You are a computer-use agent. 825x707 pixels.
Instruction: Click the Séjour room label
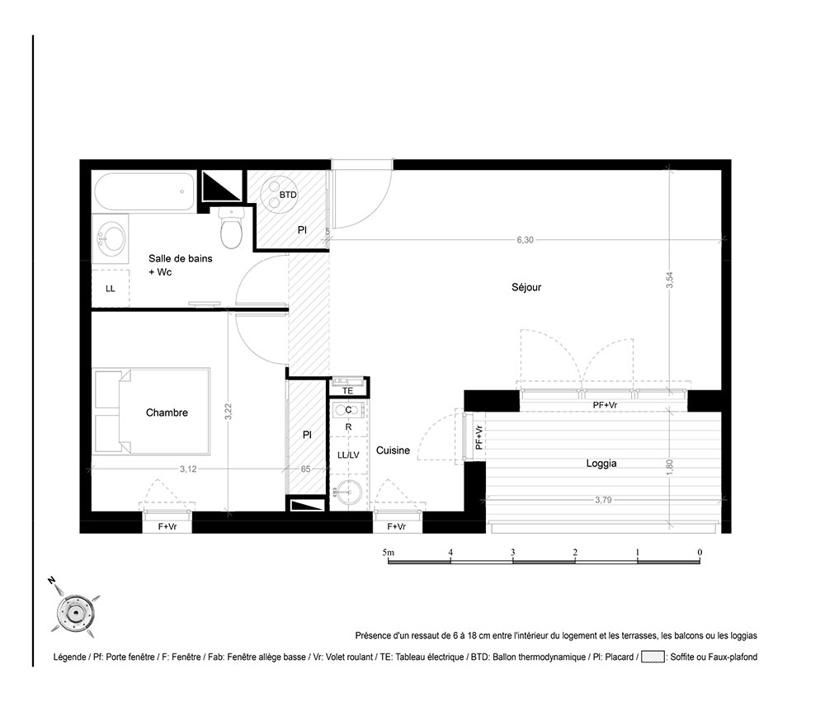(526, 287)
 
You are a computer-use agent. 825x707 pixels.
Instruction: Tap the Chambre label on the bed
(167, 412)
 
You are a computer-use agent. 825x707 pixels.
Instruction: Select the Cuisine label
(393, 450)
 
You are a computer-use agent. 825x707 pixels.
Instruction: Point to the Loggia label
(601, 464)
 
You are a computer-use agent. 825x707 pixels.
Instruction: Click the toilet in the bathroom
(232, 227)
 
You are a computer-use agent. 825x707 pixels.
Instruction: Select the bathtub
(144, 192)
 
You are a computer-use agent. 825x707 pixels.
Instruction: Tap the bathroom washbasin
(111, 238)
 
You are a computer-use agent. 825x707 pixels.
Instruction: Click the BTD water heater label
(288, 195)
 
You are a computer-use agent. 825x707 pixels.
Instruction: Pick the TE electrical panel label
(348, 391)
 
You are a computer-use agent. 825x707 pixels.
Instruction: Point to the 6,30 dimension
(525, 240)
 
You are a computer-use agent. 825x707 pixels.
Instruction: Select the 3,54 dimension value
(670, 280)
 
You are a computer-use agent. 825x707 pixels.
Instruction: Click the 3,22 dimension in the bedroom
(228, 412)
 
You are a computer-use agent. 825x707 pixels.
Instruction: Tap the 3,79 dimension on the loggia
(603, 500)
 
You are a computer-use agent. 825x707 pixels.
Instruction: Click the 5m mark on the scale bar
(389, 553)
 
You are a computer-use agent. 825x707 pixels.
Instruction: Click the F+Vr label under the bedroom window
(167, 526)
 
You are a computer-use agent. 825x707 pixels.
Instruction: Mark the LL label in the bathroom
(110, 289)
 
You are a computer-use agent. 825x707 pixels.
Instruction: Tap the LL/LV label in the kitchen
(348, 455)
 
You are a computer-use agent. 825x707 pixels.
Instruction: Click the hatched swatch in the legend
(653, 657)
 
